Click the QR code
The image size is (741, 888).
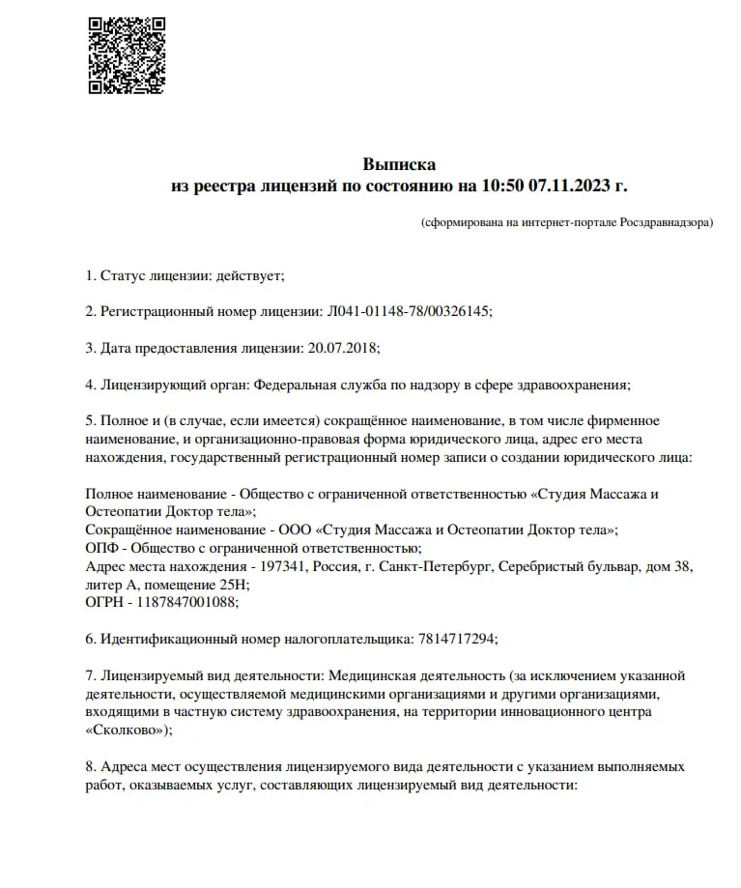[x=127, y=55]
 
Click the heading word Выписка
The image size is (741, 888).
[x=399, y=164]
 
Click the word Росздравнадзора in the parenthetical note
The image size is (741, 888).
[x=665, y=223]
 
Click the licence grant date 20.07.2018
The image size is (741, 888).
[x=343, y=348]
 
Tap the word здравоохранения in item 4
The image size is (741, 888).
[x=574, y=385]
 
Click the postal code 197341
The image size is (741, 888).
[x=278, y=566]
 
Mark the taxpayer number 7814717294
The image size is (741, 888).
[x=457, y=640]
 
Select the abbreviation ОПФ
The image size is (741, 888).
[x=101, y=548]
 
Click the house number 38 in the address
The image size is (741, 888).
[x=681, y=566]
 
